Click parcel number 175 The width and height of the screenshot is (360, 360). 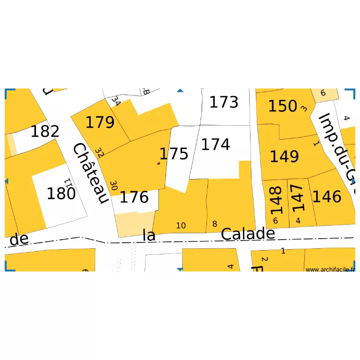[174, 154]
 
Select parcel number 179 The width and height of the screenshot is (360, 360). [100, 122]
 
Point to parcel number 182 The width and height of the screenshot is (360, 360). [45, 131]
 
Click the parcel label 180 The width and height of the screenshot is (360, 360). [61, 194]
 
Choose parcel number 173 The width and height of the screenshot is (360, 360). [224, 102]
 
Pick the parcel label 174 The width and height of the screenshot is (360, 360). [215, 144]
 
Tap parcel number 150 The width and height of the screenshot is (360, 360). [282, 106]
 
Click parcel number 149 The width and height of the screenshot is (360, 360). [284, 156]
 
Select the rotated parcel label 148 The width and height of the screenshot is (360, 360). [276, 201]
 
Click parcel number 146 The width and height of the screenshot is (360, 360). [327, 196]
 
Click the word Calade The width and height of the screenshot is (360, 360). [248, 234]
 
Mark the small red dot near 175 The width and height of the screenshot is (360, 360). [158, 163]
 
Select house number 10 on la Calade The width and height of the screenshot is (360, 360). [181, 226]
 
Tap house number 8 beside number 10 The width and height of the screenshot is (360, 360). [215, 224]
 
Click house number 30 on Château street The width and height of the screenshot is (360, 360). [114, 185]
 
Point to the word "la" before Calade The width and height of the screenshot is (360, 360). [149, 235]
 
